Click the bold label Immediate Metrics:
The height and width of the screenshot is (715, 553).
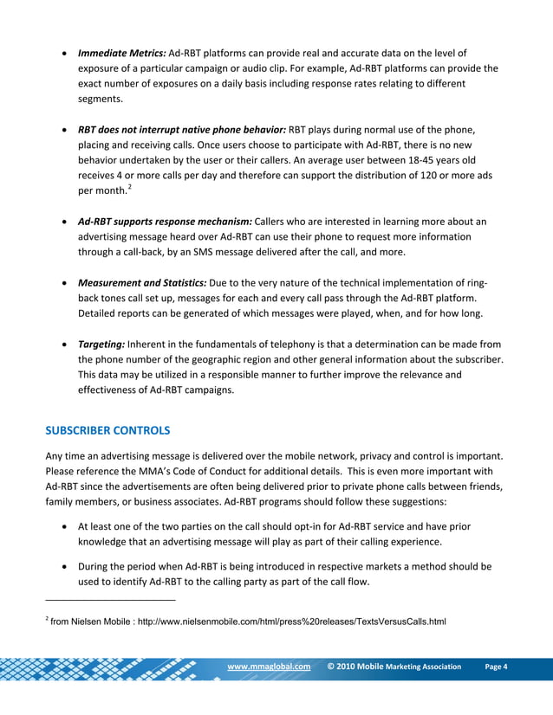pos(122,53)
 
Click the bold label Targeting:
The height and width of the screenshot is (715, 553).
pos(101,344)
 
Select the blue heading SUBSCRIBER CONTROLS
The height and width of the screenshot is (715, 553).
pos(108,429)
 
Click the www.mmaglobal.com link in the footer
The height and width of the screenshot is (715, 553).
pos(268,667)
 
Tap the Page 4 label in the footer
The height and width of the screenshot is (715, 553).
pos(496,667)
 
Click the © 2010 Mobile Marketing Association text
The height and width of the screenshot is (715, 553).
pos(394,667)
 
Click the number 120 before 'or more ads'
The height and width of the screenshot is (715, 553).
pos(421,177)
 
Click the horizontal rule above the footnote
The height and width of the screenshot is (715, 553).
pos(110,599)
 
